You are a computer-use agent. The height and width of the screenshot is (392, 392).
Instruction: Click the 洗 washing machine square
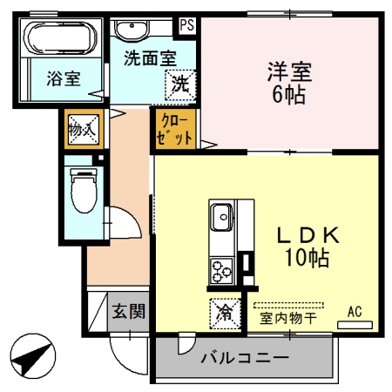click(x=179, y=84)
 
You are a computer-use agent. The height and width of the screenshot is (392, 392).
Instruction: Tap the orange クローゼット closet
click(x=169, y=132)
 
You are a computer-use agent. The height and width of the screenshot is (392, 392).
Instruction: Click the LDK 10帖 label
click(x=301, y=246)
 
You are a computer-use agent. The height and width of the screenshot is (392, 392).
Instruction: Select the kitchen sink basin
click(x=220, y=213)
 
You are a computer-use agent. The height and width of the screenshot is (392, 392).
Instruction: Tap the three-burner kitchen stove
click(x=221, y=270)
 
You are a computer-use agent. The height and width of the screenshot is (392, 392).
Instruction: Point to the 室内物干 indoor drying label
click(x=287, y=318)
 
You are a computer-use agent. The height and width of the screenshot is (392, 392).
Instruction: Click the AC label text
click(x=355, y=310)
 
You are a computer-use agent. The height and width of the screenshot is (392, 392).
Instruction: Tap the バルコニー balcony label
click(x=245, y=358)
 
